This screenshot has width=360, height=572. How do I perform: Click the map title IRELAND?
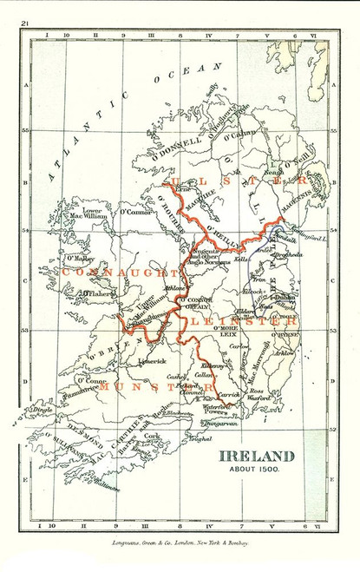(256, 456)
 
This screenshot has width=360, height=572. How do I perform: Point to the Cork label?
(152, 437)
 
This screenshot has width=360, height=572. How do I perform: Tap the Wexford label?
(259, 398)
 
